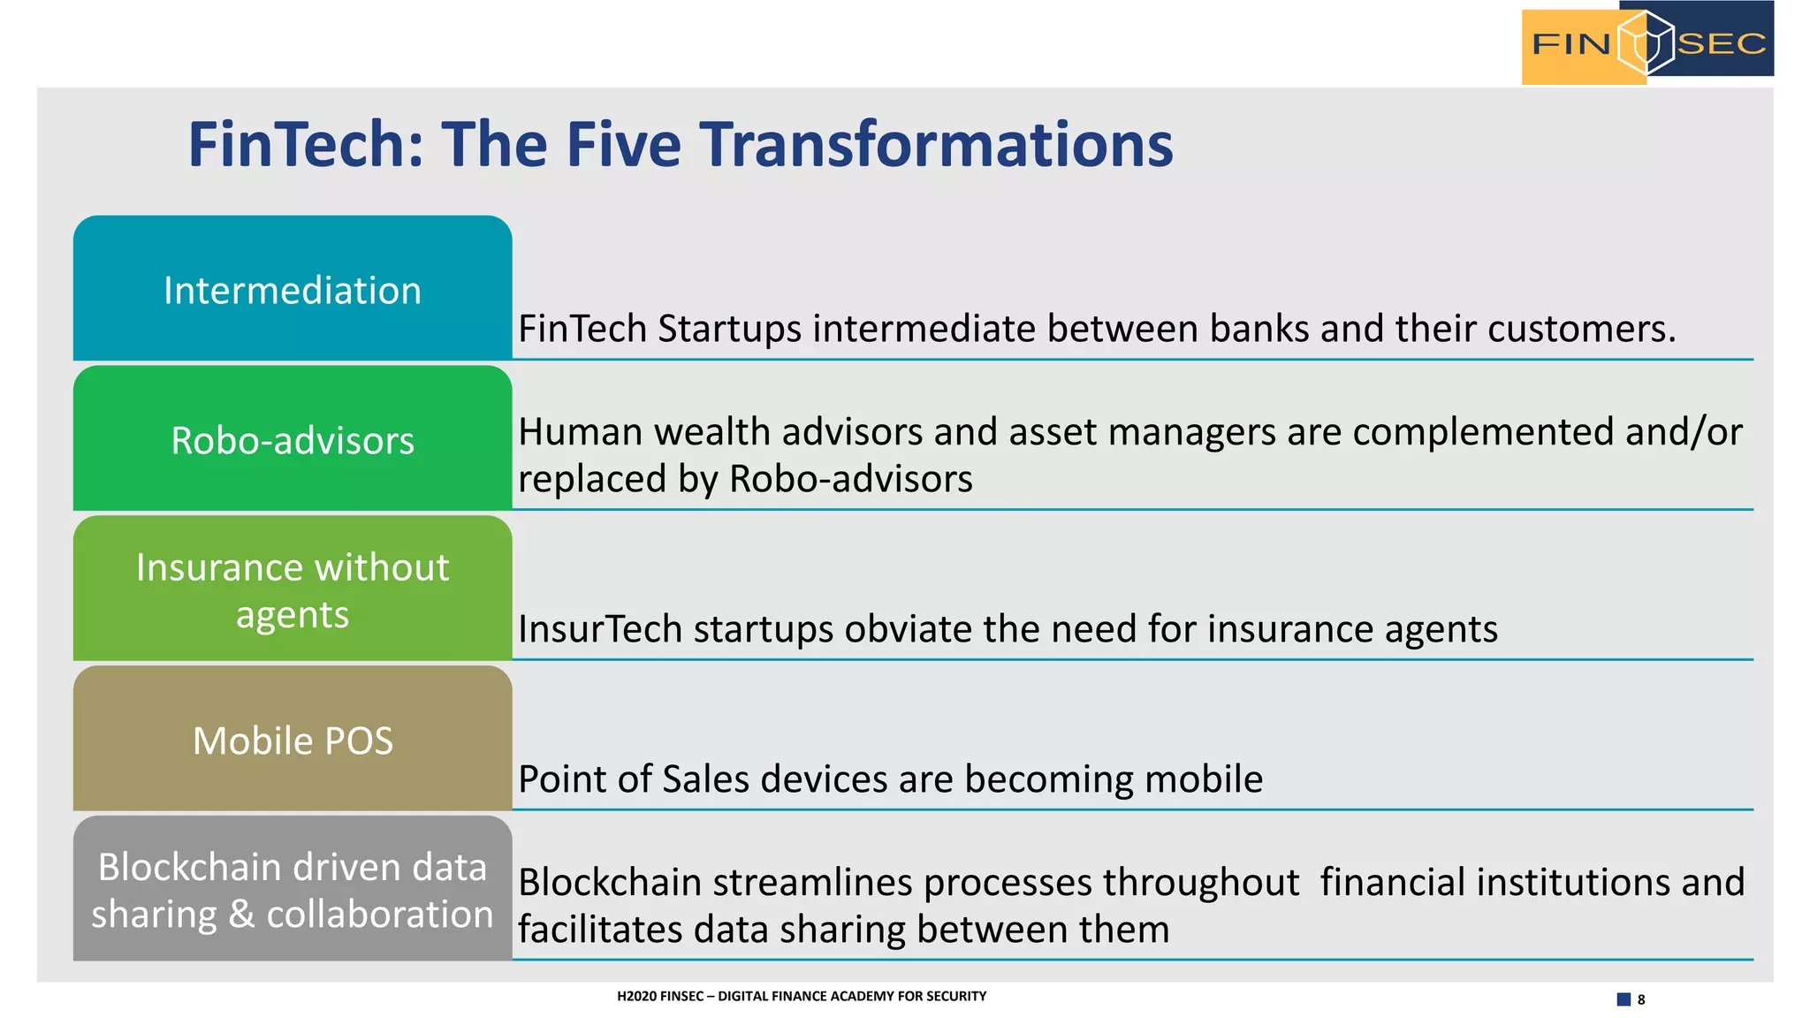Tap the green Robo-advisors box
[292, 439]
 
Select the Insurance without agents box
[292, 589]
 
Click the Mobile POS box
[292, 740]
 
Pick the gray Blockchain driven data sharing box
[292, 889]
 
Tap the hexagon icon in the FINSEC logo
[1645, 42]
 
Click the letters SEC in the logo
[1721, 43]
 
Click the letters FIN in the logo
[1570, 43]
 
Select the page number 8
[1641, 999]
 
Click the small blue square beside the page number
[1624, 999]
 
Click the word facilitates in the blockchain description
[601, 930]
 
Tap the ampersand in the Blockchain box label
[241, 915]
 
